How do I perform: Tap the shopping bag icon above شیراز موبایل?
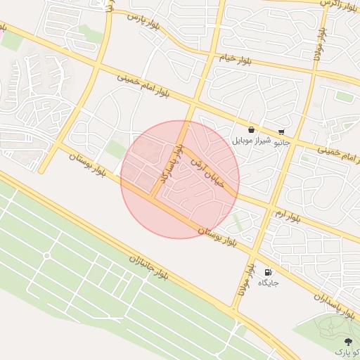[x=252, y=129]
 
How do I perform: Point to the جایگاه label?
[x=269, y=283]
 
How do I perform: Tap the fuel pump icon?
[x=268, y=272]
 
